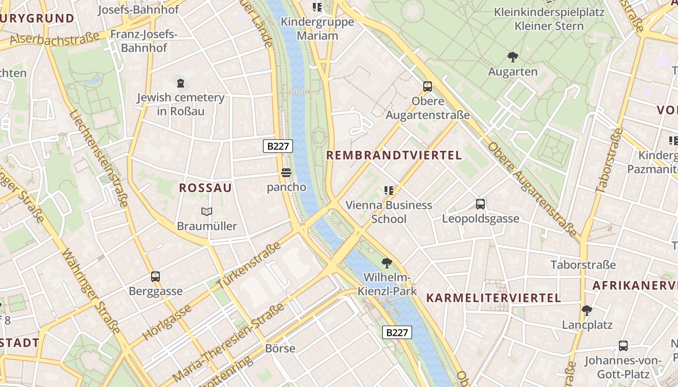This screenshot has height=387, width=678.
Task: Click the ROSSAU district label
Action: pos(205,188)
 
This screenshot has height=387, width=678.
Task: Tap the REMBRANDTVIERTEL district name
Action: pos(394,155)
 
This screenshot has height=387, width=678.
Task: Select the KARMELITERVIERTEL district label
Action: pos(493,298)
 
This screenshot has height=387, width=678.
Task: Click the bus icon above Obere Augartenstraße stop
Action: pos(428,87)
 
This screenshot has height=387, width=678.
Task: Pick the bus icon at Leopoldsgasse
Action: pos(480,204)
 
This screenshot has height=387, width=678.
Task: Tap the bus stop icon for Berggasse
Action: pos(155,277)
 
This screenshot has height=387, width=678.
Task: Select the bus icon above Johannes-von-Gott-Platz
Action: pos(623,346)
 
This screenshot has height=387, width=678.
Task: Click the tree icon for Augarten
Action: pos(512,57)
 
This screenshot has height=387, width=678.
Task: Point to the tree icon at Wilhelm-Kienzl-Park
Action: pos(386,263)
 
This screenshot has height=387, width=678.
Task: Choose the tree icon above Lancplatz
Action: pos(587,310)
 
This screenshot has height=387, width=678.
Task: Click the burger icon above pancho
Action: pos(286,173)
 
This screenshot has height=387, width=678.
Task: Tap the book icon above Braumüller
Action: pos(207,211)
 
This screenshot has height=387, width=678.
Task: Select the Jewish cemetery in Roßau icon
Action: pos(181,83)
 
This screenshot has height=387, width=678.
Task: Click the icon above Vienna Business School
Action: pos(388,191)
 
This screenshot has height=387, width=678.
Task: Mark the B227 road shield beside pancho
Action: pos(278,146)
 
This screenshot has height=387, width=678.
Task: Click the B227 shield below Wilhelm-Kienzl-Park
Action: pos(397,332)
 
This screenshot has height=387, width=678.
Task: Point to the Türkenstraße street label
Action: pos(250,266)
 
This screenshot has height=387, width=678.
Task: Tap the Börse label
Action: pos(280,348)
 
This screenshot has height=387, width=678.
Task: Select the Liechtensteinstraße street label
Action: pos(99,160)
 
